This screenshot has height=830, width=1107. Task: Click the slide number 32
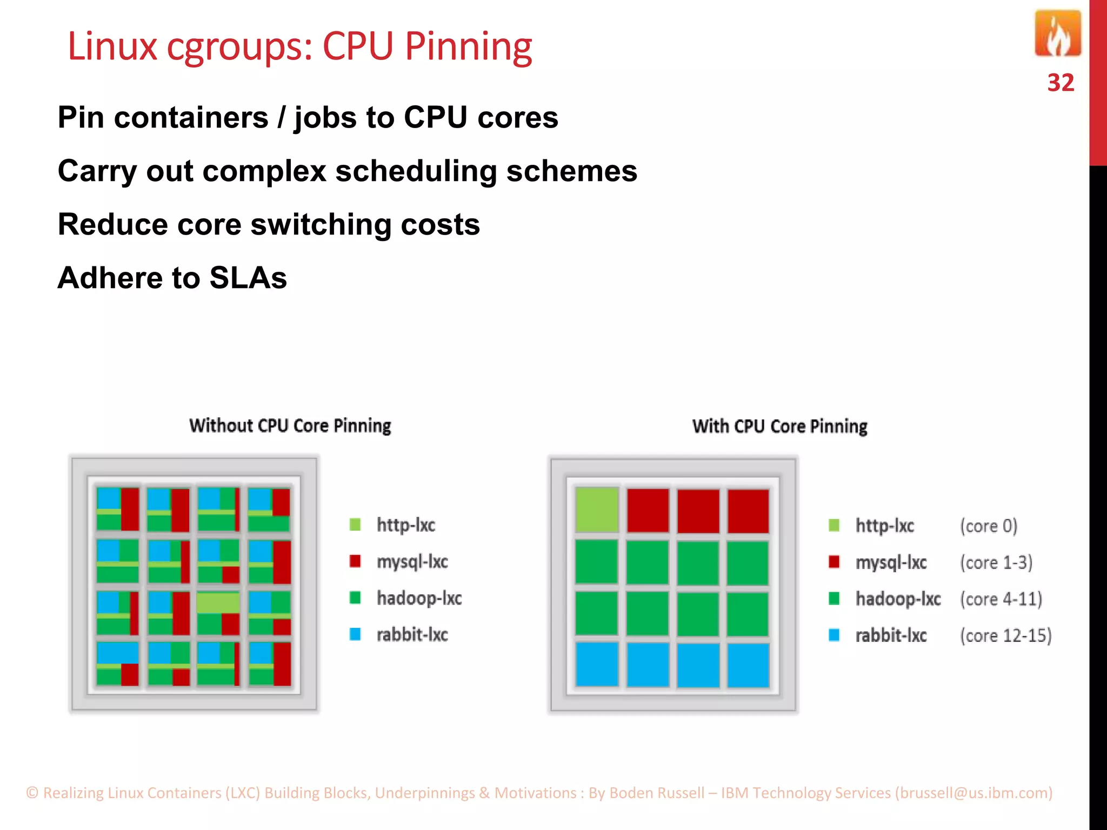coord(1060,83)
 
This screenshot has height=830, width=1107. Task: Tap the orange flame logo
coord(1057,34)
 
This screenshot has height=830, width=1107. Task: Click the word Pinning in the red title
coord(468,47)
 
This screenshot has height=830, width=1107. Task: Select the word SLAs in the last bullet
coord(248,278)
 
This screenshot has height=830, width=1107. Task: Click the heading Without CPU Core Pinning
coord(290,426)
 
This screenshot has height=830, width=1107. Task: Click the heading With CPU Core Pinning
coord(779,426)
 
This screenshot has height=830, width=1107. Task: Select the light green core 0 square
coord(596,510)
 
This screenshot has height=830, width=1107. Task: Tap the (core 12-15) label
coord(1005,635)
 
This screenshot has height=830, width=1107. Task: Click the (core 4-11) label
coord(1001,599)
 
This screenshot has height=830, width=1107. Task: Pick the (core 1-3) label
coord(996,563)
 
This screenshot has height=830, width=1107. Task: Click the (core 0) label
coord(988,526)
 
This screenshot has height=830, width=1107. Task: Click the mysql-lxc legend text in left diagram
coord(412,562)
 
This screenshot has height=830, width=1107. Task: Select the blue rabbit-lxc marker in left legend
coord(355,634)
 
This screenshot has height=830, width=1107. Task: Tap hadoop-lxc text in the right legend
coord(898,599)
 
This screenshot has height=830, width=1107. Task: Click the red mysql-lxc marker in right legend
coord(834,562)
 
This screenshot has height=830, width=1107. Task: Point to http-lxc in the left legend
coord(405,525)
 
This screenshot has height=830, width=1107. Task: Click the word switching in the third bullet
coord(321,225)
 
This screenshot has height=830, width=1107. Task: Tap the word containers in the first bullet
coord(191,118)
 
